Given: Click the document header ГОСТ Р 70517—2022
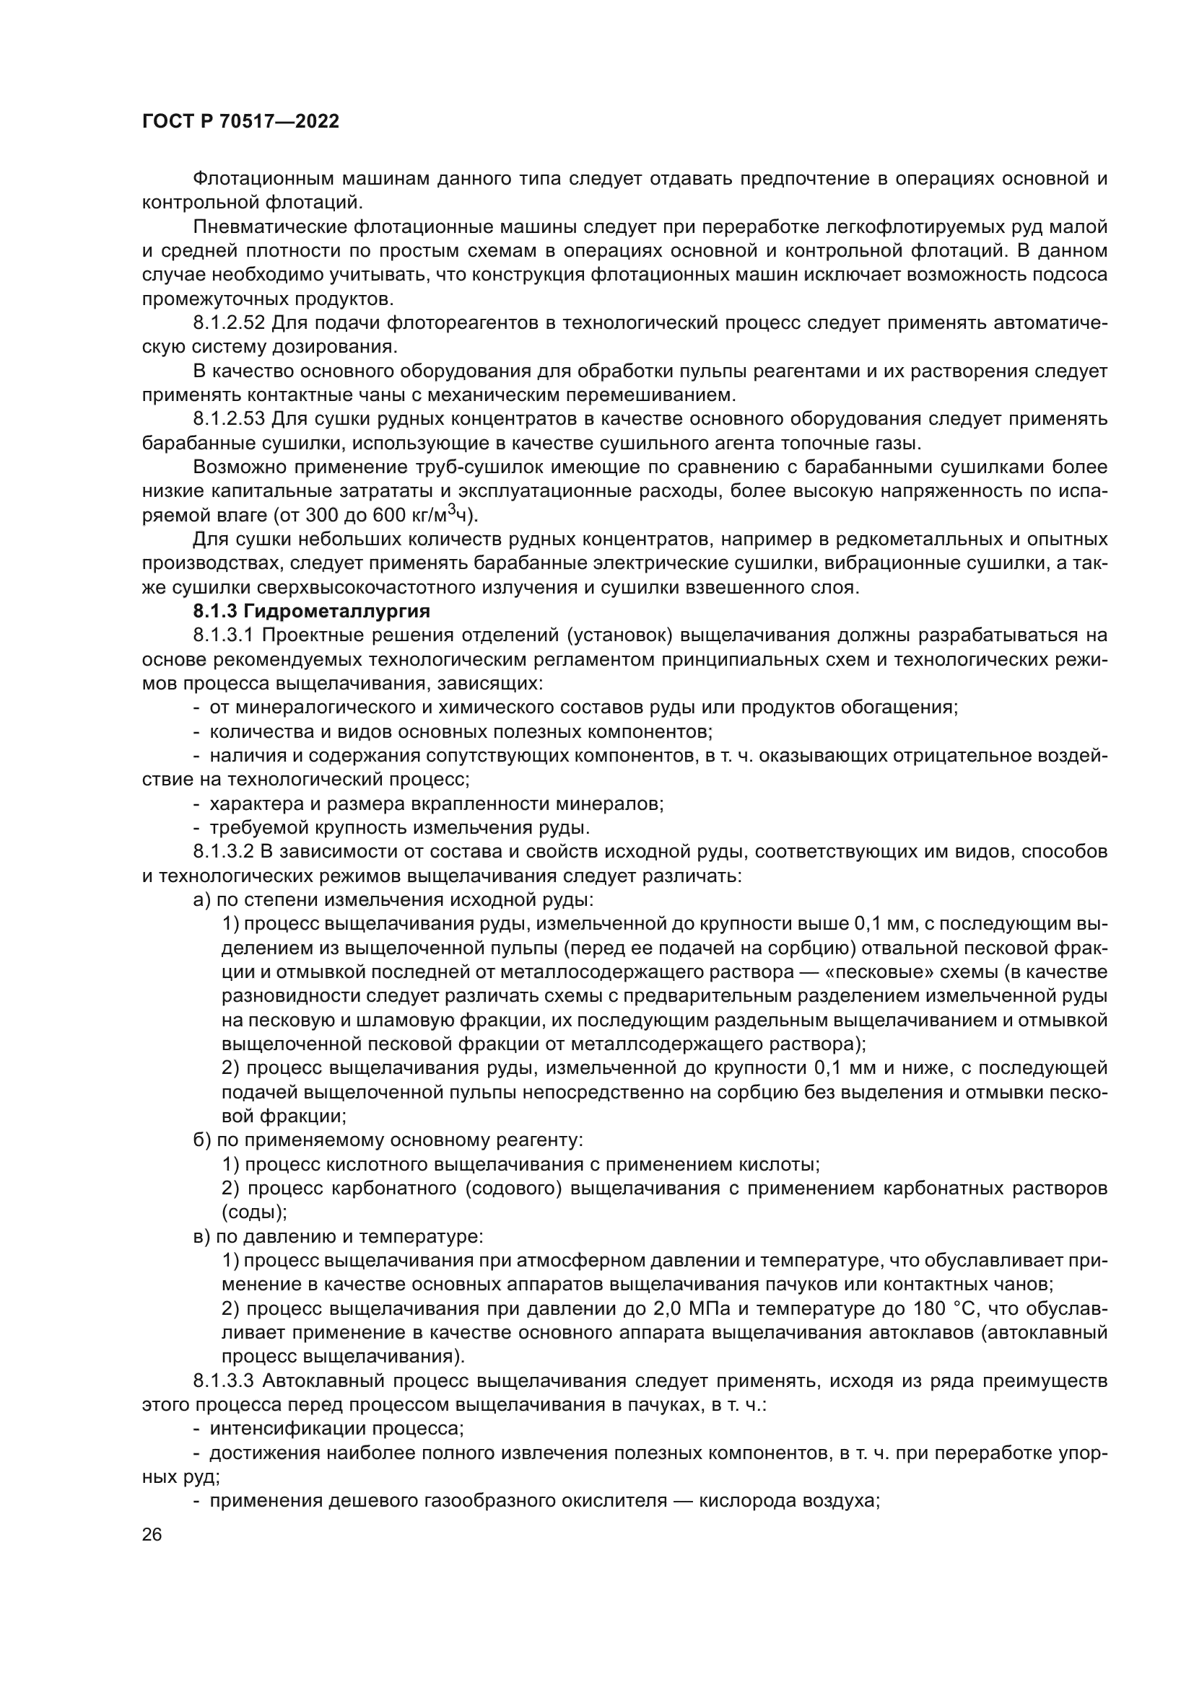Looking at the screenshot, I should pyautogui.click(x=240, y=122).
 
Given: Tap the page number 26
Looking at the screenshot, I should pyautogui.click(x=152, y=1535).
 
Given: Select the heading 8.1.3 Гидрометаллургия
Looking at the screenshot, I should pyautogui.click(x=311, y=612).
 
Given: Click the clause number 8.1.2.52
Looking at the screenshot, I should pyautogui.click(x=229, y=323).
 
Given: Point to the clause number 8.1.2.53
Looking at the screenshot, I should pyautogui.click(x=229, y=420).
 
